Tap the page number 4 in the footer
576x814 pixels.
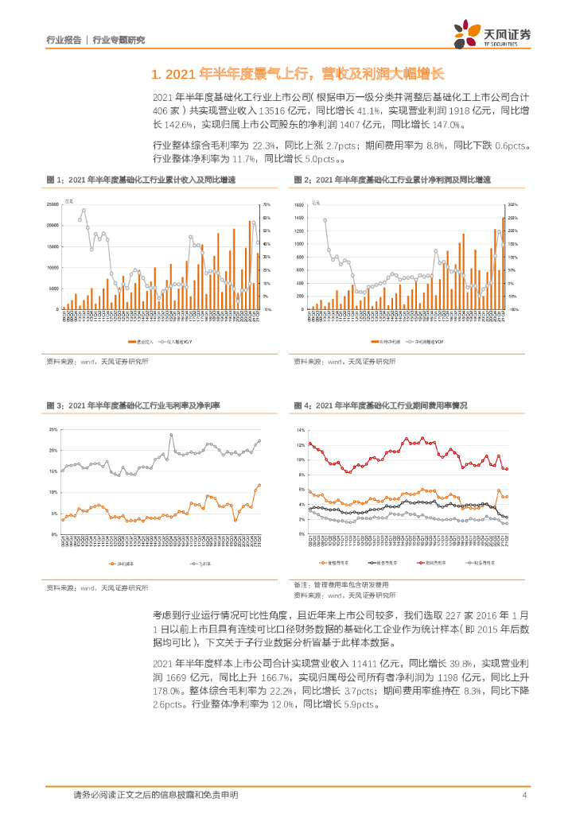(x=523, y=794)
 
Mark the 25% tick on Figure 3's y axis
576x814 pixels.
(x=53, y=430)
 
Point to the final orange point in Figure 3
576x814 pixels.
(x=259, y=485)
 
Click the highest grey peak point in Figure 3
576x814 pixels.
(x=170, y=435)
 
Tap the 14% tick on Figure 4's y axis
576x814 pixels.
(x=300, y=430)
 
